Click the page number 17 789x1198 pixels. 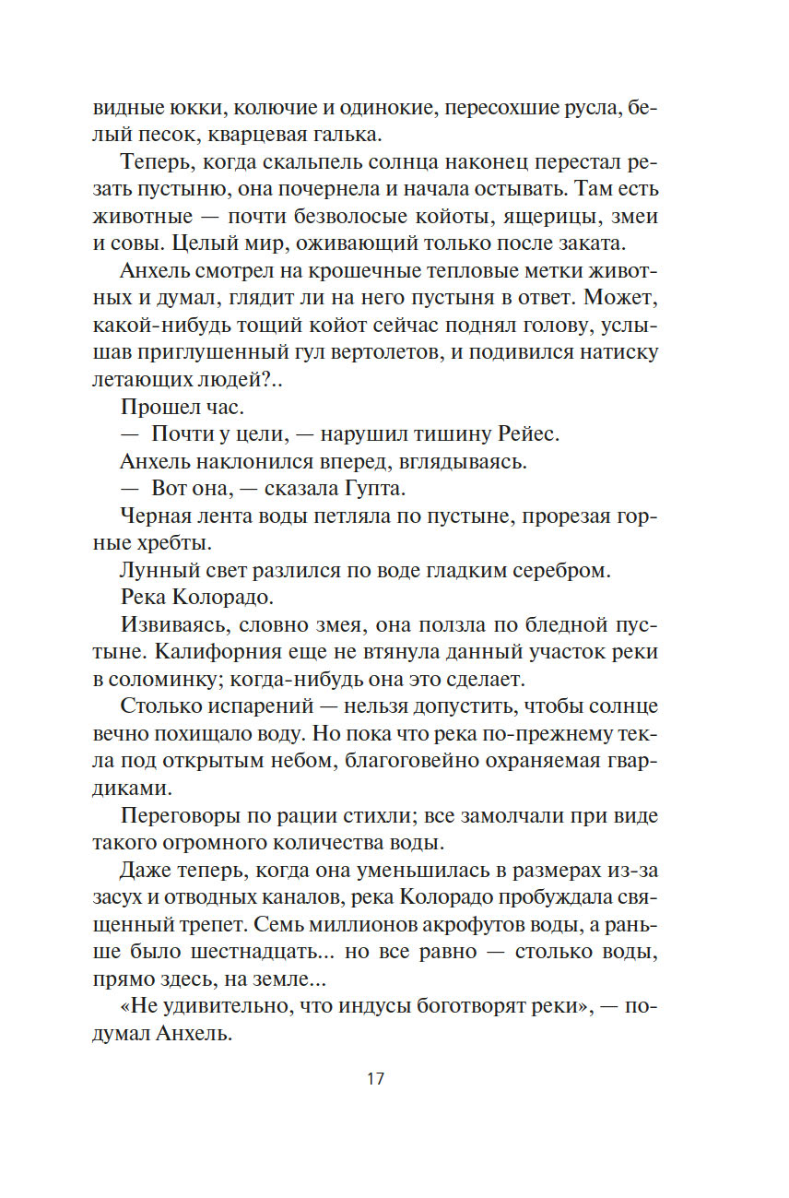[374, 1078]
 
